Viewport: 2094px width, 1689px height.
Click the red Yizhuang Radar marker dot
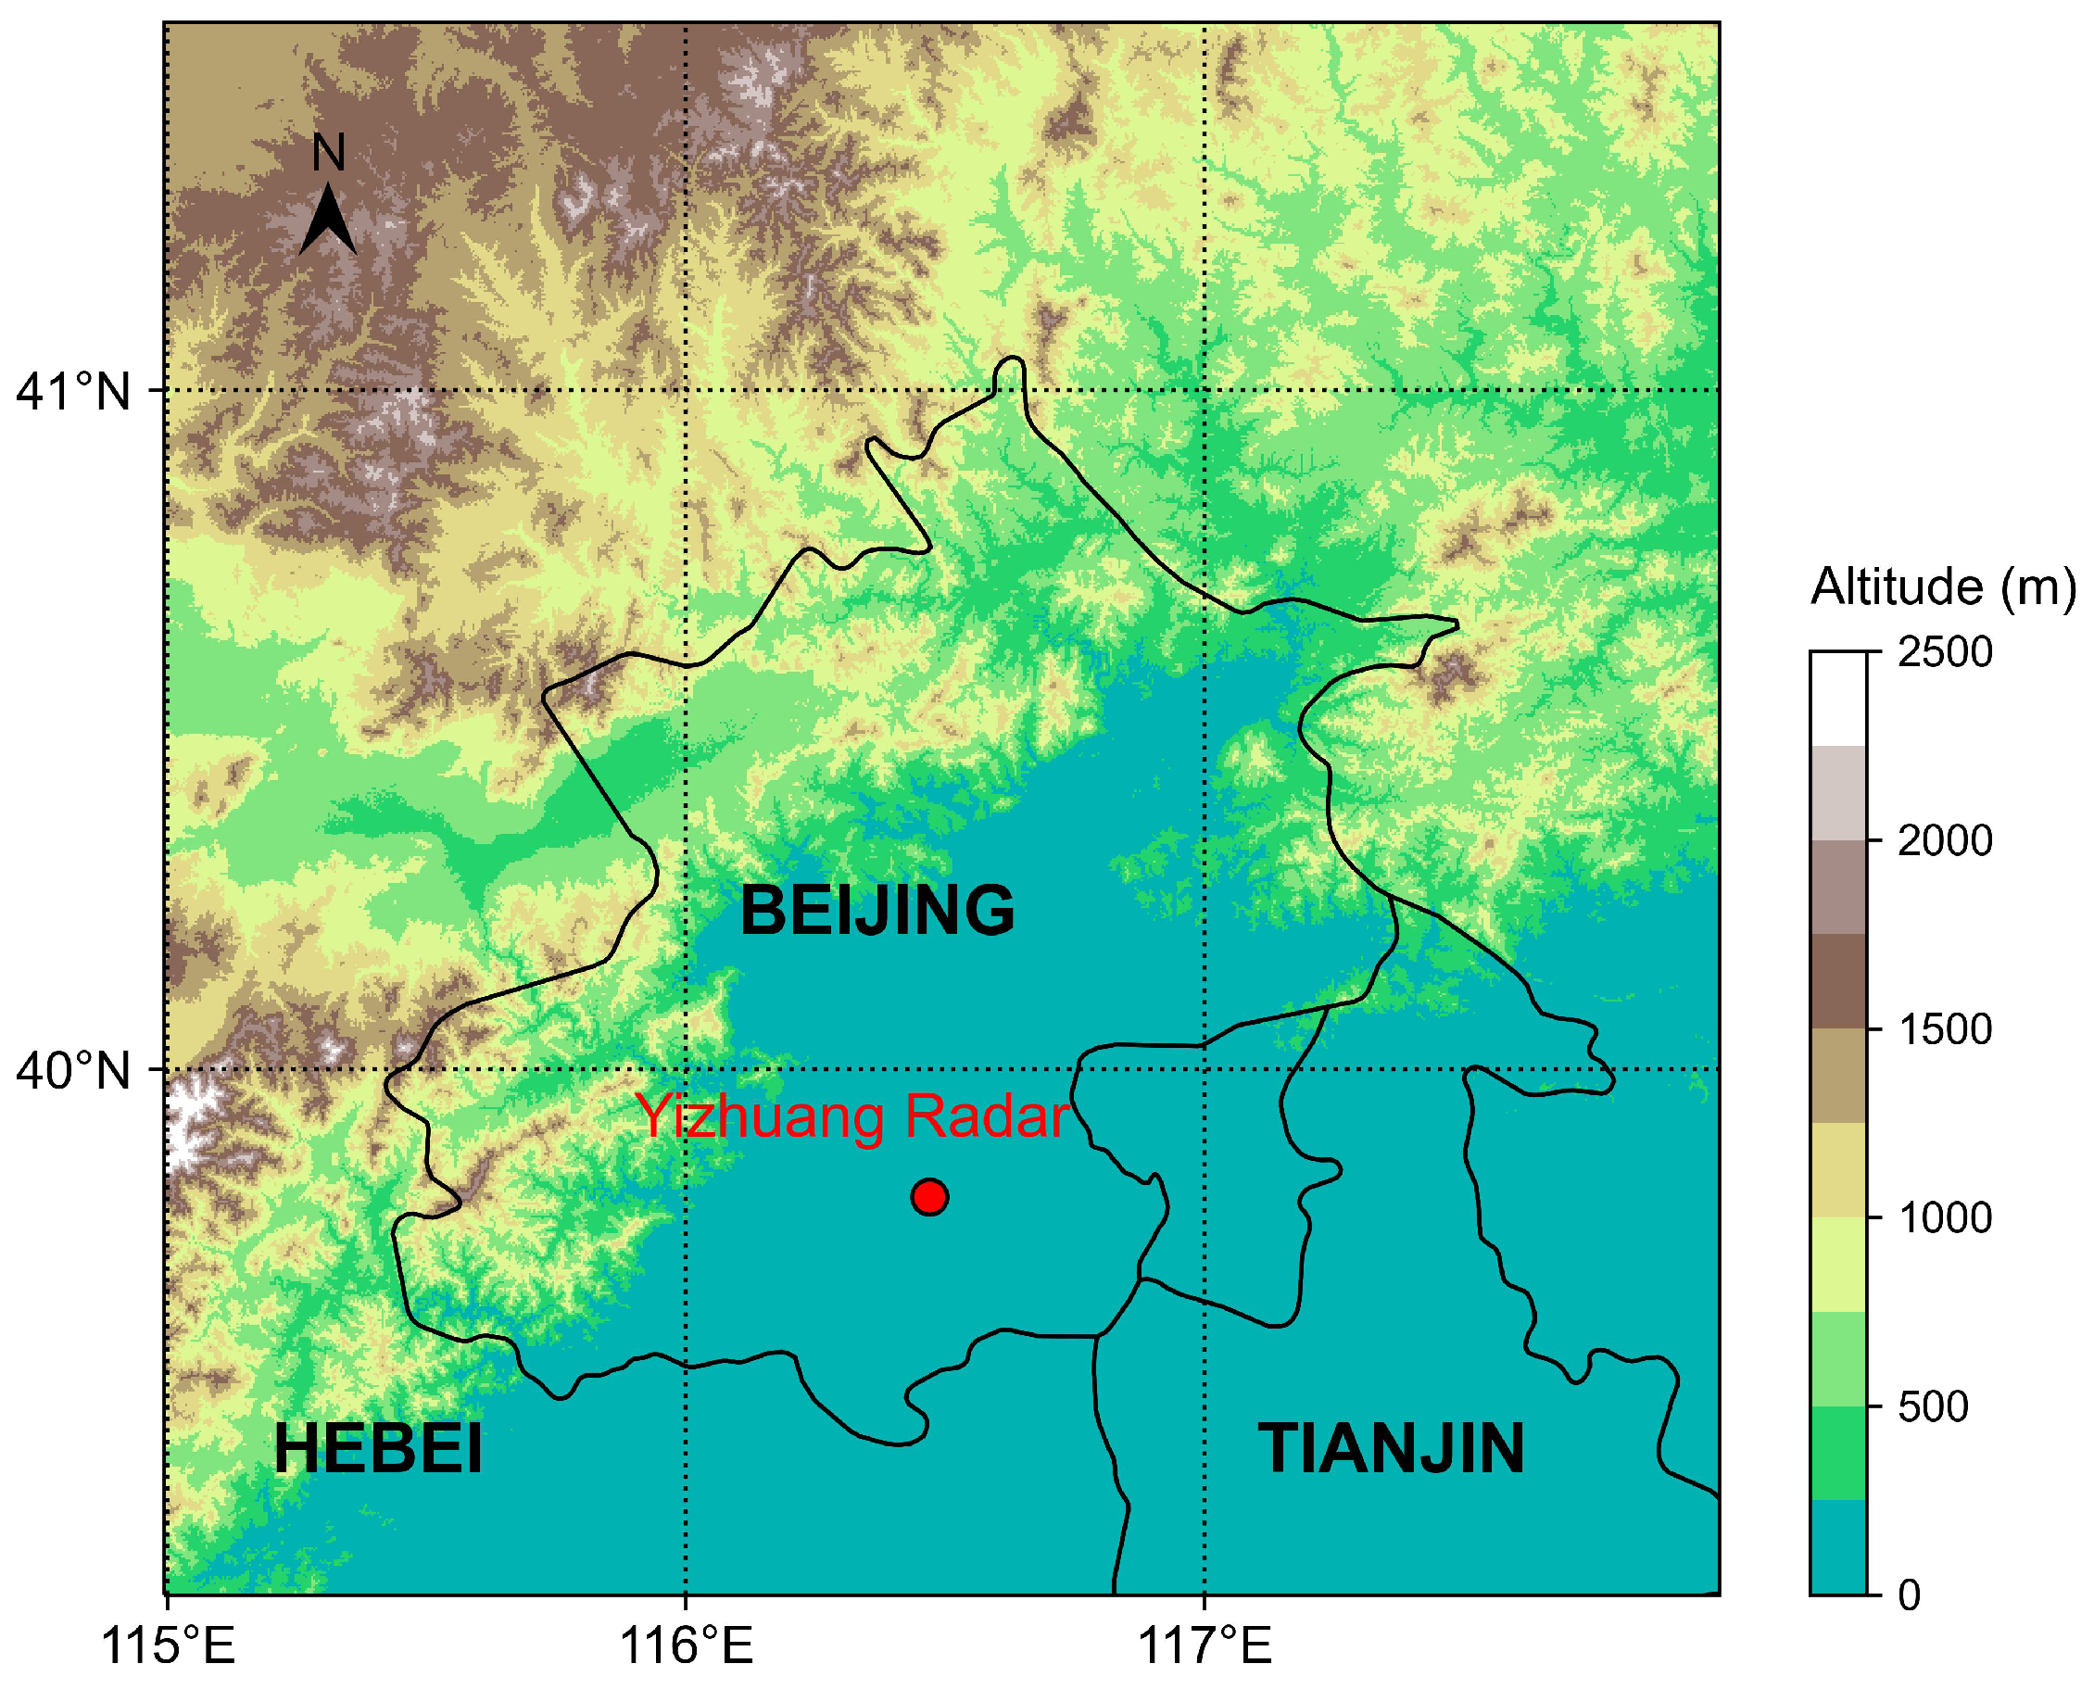point(929,1197)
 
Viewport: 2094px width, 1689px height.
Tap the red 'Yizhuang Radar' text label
point(851,1117)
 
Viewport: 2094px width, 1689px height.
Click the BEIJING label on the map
point(877,911)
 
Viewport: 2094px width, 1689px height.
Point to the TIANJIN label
point(1391,1450)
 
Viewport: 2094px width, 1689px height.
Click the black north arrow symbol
point(328,221)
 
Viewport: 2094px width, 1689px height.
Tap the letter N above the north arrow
point(329,153)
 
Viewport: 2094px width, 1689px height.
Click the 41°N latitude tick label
point(73,392)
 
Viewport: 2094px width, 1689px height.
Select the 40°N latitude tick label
point(73,1071)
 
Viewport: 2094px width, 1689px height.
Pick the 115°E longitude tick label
point(169,1646)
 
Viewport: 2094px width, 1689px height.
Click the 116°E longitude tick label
point(686,1646)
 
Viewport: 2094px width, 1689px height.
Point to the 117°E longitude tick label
point(1205,1646)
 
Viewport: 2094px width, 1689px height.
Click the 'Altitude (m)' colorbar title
point(1942,587)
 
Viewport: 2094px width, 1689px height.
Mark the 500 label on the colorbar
point(1933,1406)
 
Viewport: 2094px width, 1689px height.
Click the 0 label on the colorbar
point(1909,1595)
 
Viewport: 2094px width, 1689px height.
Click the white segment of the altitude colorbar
point(1838,699)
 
